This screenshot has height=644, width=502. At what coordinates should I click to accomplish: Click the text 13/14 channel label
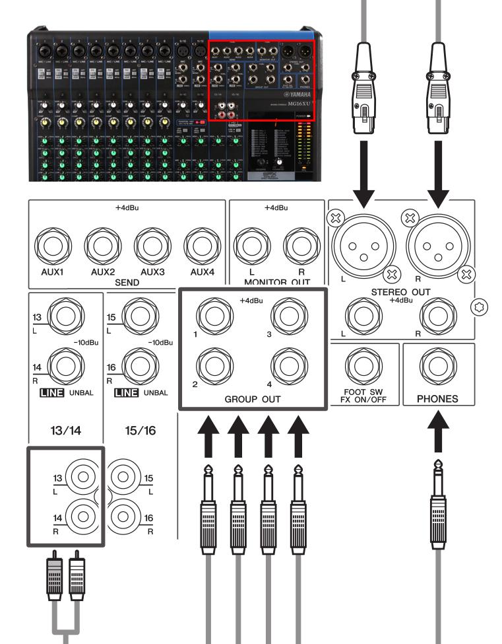tap(65, 430)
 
